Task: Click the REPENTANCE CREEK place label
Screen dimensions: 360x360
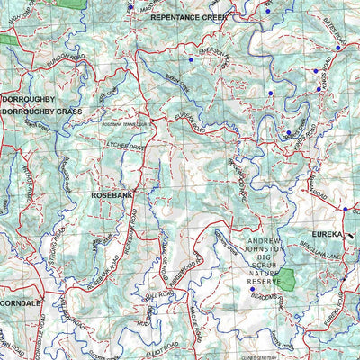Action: (x=188, y=17)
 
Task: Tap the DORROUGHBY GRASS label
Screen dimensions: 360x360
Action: (x=41, y=112)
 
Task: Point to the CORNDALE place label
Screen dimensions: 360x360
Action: (x=21, y=304)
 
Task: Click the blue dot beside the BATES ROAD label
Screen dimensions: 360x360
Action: (x=338, y=48)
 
